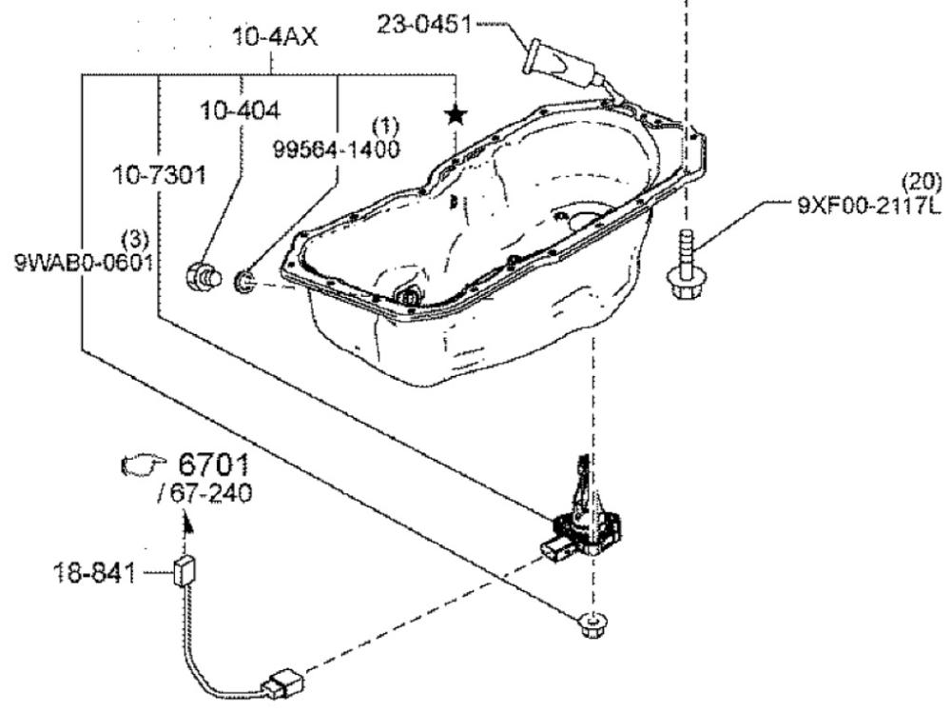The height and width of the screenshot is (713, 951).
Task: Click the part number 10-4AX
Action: pos(275,37)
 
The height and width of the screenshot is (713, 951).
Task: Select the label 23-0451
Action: pos(424,25)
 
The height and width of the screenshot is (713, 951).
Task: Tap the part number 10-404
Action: pos(241,111)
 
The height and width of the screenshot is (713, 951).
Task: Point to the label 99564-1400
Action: pos(336,149)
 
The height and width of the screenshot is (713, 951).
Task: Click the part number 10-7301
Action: pos(160,176)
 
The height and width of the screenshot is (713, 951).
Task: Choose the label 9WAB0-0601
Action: pos(83,263)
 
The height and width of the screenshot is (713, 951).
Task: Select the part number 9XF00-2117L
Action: pos(869,207)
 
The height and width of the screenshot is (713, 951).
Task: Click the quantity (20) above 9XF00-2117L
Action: pos(922,182)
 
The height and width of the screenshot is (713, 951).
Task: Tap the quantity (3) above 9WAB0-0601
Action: pos(135,239)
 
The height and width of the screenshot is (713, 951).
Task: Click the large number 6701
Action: pos(213,465)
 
